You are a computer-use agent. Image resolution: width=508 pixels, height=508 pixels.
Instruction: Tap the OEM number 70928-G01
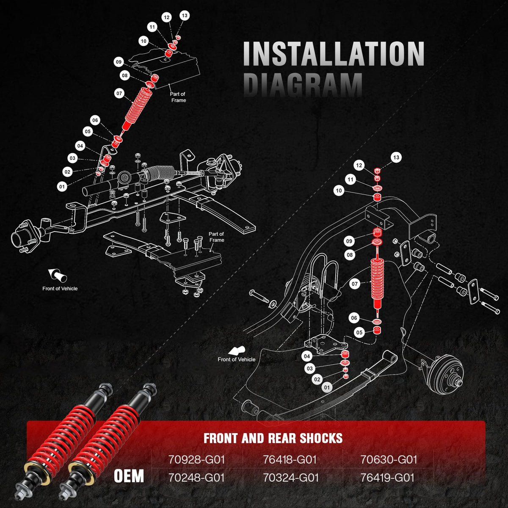196,459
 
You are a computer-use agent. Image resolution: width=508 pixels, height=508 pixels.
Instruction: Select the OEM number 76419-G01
387,478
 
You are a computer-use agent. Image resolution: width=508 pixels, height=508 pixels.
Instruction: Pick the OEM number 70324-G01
291,478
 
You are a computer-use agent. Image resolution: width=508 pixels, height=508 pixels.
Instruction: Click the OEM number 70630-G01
389,459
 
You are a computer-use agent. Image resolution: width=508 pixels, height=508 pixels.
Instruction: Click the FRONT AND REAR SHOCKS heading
273,438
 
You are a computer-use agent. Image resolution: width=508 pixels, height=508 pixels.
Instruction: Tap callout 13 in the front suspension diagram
185,16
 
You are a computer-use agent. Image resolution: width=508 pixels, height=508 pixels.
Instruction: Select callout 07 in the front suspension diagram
119,93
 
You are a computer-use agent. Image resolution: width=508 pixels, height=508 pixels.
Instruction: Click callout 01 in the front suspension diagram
62,187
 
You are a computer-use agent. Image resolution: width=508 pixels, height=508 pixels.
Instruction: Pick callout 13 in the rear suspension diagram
396,157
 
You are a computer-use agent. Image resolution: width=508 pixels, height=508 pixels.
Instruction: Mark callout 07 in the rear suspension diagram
355,284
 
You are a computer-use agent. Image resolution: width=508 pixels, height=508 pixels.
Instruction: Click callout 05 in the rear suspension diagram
359,332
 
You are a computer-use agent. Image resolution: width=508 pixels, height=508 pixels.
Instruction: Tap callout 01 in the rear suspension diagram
327,387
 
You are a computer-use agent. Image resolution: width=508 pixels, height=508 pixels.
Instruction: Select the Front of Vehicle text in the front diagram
60,289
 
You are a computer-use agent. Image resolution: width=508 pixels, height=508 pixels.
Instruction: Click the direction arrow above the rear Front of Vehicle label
237,351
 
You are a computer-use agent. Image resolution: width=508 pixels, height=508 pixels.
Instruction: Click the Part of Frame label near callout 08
178,97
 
